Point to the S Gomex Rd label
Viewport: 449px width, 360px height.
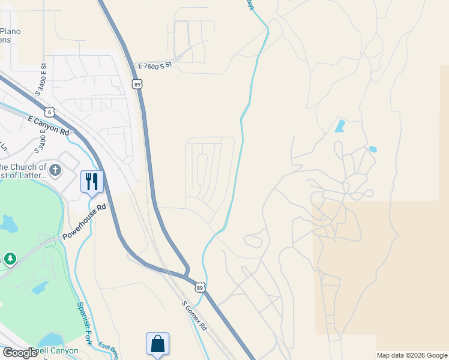[194, 316]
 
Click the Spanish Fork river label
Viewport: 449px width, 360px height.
[83, 324]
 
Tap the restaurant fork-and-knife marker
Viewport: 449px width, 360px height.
[92, 181]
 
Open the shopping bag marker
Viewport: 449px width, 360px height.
[157, 344]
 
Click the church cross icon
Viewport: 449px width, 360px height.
[55, 170]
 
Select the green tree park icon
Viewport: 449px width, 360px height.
[10, 259]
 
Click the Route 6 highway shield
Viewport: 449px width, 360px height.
[49, 112]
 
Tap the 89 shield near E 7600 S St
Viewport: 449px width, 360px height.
[138, 85]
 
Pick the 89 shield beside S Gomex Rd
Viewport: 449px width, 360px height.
[200, 287]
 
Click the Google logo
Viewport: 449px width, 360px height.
[20, 352]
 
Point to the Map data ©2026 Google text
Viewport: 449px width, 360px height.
[411, 355]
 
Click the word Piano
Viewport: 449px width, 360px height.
[11, 32]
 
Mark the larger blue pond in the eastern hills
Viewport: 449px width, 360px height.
[340, 125]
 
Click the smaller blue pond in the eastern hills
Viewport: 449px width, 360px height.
[373, 149]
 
